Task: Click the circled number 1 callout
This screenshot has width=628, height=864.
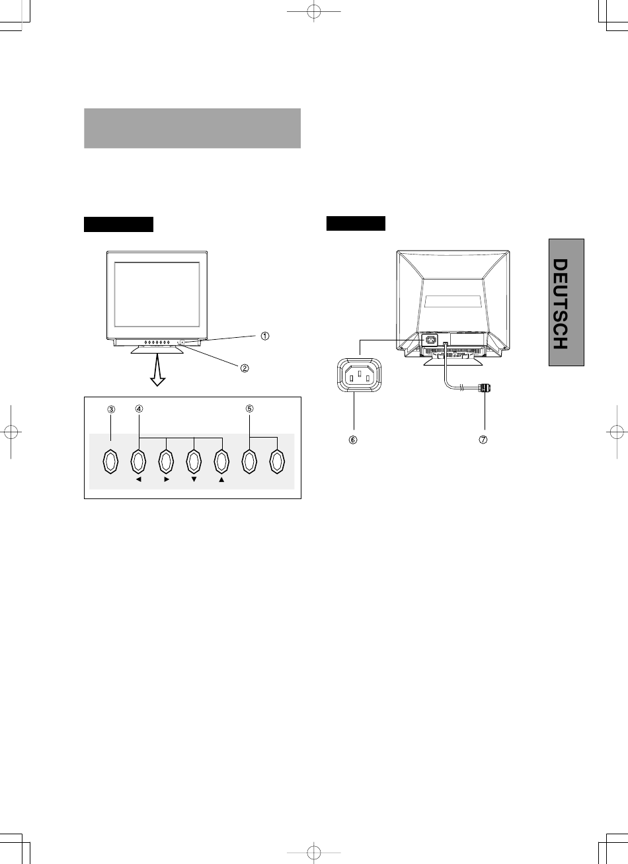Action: pos(264,336)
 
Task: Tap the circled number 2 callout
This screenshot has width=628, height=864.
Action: pos(245,369)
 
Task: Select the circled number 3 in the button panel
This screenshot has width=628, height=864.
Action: pos(111,409)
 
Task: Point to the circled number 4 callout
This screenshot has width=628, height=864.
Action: pos(139,409)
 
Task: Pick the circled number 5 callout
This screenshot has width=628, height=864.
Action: pos(249,409)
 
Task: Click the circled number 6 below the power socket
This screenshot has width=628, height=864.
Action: pos(354,441)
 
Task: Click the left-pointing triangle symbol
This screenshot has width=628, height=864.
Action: pos(139,481)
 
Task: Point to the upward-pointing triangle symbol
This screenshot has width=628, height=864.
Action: pos(221,481)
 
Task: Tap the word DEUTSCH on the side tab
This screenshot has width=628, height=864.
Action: pos(560,303)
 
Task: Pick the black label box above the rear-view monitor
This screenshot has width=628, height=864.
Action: pos(356,223)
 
